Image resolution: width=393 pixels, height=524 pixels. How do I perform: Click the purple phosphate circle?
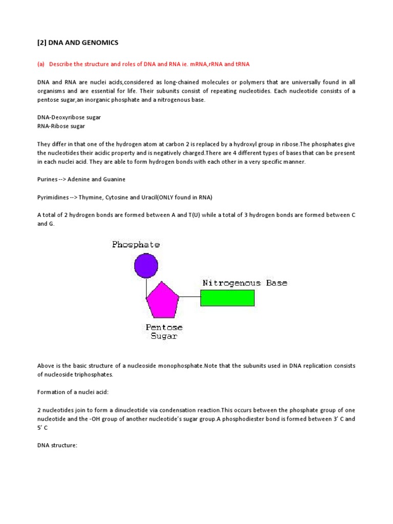146,266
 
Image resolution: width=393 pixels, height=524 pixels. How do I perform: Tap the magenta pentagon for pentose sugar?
163,300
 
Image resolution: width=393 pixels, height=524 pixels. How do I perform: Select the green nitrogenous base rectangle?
227,298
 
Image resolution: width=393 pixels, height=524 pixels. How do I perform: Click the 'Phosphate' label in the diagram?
136,245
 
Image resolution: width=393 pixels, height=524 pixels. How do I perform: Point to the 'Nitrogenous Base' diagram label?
245,283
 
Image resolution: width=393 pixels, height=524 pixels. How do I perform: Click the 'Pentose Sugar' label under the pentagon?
164,332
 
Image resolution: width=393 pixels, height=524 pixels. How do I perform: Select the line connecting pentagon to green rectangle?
189,297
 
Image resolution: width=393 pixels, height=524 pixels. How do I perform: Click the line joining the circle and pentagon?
146,287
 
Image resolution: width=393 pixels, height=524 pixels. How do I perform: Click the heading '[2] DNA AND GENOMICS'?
78,42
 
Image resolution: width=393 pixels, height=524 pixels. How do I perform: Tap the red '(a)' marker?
41,64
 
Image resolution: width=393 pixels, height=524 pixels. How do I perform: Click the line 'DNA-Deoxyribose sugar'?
69,117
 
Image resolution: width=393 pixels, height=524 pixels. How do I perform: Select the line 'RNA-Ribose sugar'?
61,126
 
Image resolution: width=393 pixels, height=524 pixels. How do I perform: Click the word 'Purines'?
49,179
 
